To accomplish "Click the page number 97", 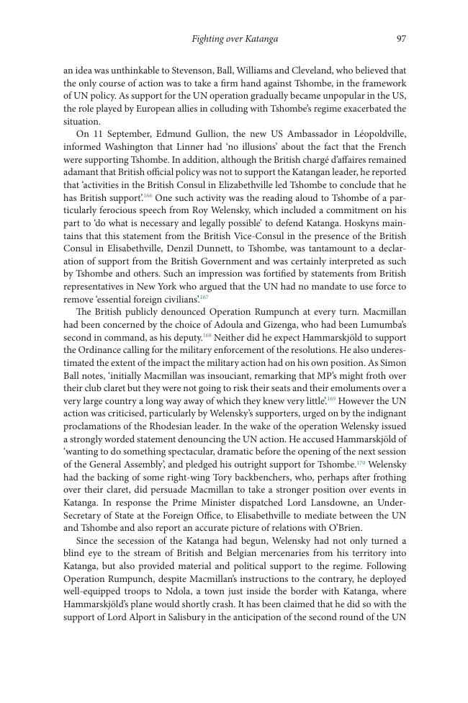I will click(x=401, y=39).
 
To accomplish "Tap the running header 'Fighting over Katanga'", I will click(x=235, y=39).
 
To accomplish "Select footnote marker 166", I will click(x=148, y=195).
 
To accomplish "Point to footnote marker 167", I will click(x=204, y=296).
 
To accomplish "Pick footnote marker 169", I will click(x=331, y=398).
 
